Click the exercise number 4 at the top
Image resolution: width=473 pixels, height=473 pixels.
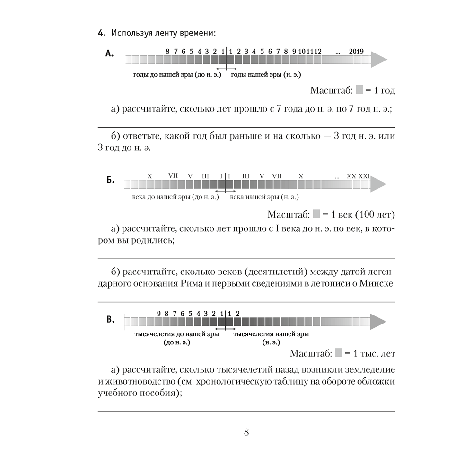(x=100, y=33)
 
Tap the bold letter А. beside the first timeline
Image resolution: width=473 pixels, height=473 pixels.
(x=109, y=54)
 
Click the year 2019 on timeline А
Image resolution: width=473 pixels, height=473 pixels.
(x=356, y=51)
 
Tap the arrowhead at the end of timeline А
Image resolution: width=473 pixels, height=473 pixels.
(x=378, y=60)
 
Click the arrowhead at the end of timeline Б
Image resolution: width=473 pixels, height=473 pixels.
(x=378, y=184)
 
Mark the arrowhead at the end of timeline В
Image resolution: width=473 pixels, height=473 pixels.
(x=378, y=322)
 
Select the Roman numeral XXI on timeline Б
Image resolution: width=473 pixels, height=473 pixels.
(x=364, y=176)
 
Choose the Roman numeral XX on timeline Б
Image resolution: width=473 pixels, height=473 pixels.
(x=351, y=176)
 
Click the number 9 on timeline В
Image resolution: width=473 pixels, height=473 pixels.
(x=159, y=313)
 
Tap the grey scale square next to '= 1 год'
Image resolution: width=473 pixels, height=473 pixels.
(x=359, y=89)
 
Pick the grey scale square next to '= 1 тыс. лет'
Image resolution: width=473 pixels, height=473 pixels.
(x=339, y=353)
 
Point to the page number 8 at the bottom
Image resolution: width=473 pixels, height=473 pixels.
(x=246, y=432)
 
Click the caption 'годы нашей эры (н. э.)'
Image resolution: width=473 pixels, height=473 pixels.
(x=266, y=75)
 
